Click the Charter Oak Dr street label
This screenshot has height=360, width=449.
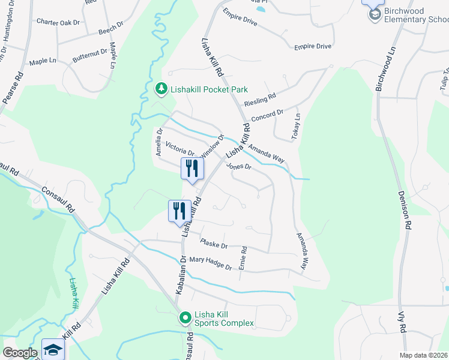coord(58,22)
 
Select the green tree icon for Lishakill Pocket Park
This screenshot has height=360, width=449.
coord(161,89)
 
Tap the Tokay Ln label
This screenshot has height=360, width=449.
coord(295,127)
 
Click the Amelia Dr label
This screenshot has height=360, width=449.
coord(160,142)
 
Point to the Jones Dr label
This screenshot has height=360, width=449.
coord(238,167)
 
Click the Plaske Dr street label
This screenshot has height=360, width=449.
coord(214,245)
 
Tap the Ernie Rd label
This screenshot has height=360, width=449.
coord(243,257)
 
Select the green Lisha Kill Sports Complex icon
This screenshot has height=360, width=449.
coord(185,317)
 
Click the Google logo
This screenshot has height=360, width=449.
coord(20,353)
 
